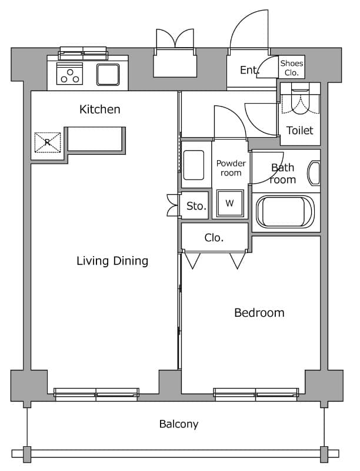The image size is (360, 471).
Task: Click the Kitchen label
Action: tap(100, 110)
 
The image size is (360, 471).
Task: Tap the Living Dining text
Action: tap(112, 261)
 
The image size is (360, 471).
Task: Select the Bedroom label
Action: tap(259, 313)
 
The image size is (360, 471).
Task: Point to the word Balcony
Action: tap(179, 424)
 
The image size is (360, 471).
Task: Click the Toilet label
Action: tap(299, 130)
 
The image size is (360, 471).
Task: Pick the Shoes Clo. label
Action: tap(292, 68)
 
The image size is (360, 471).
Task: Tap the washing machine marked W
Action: tap(230, 203)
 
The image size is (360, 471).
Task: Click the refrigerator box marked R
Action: tap(48, 142)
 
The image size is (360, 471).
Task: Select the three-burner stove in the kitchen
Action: tap(69, 74)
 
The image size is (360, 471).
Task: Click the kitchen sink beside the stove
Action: tap(108, 75)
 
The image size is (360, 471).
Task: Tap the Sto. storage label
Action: tap(196, 206)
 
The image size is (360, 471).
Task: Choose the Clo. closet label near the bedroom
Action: tap(214, 238)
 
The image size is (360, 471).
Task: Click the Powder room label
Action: tap(231, 168)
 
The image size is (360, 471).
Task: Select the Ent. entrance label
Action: tap(249, 70)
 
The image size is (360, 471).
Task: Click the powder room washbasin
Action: tap(194, 165)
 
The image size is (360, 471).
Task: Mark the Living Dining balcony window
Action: tap(96, 394)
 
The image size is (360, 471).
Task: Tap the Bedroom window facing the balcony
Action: tap(256, 394)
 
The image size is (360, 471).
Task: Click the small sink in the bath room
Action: tap(314, 173)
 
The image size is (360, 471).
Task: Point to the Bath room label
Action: tap(282, 174)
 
